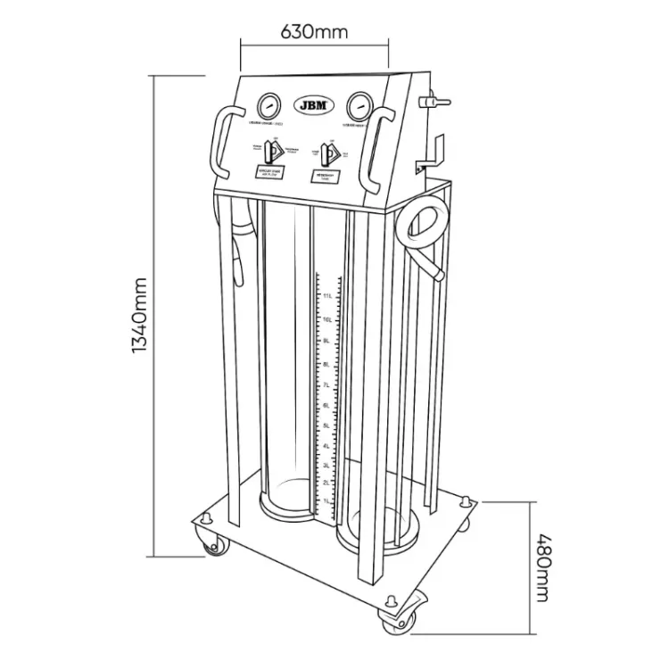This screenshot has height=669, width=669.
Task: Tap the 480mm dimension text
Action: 542,568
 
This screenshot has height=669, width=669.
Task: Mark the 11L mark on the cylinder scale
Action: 327,296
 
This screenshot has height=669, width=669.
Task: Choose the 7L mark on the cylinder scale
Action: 327,384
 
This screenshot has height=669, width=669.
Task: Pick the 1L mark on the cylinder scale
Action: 327,502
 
